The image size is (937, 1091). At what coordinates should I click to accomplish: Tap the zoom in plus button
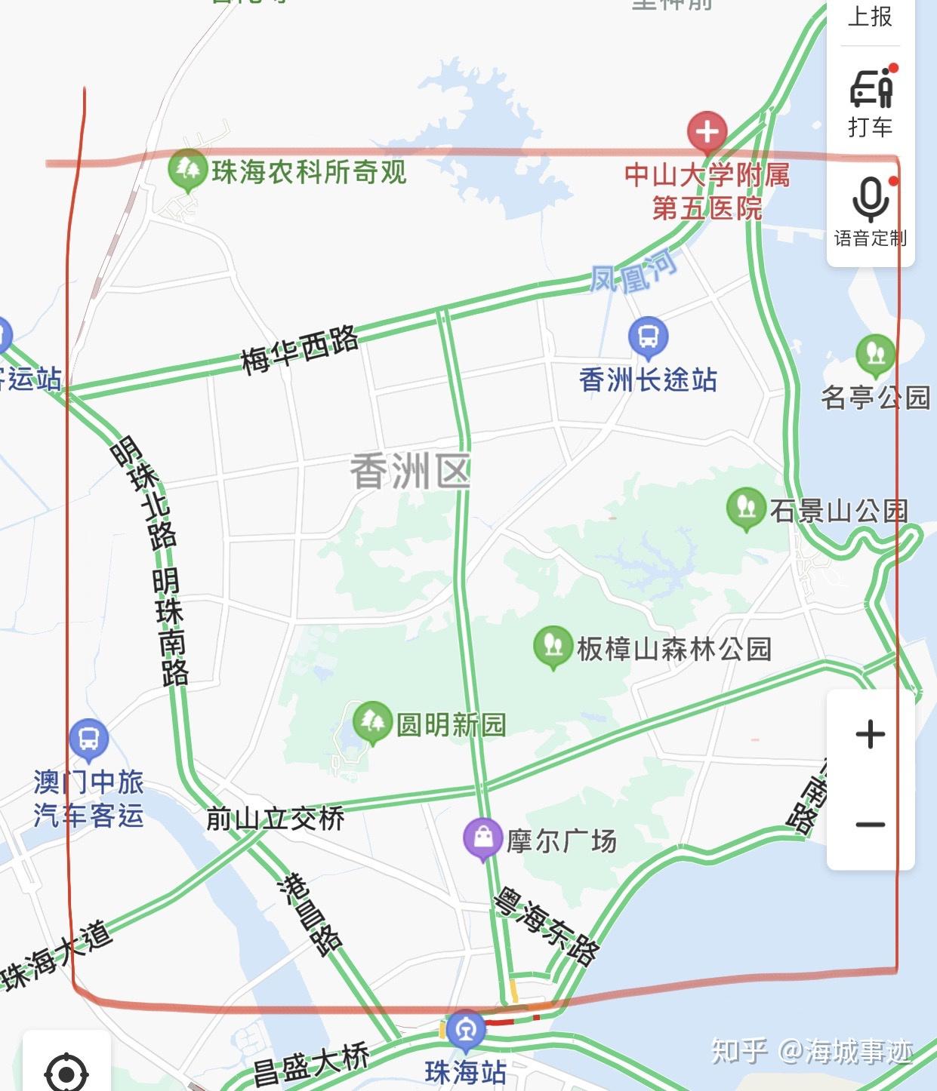click(870, 734)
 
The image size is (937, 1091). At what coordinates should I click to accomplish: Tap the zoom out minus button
click(870, 824)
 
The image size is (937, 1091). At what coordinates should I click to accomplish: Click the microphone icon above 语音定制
click(870, 200)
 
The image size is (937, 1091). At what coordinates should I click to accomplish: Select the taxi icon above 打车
click(871, 88)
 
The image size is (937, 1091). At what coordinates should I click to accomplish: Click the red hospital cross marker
click(707, 131)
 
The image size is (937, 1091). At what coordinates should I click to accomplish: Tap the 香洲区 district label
click(410, 472)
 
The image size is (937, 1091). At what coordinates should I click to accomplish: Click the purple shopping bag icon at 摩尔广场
click(483, 837)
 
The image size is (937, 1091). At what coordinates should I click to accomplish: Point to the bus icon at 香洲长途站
click(648, 337)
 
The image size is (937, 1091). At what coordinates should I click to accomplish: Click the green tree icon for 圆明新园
click(371, 721)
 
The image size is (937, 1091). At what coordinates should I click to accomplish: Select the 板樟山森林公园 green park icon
click(553, 645)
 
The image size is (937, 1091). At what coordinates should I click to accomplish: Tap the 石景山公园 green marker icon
click(746, 507)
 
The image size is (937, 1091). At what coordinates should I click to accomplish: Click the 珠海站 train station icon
click(466, 1029)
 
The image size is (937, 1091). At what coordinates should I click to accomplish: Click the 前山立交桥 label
click(276, 819)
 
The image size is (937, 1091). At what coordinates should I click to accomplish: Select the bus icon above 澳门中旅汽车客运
click(88, 738)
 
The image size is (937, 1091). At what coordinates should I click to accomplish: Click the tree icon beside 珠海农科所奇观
click(186, 170)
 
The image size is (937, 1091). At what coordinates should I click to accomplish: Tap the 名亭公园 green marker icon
click(876, 353)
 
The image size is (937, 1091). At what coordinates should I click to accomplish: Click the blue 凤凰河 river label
click(633, 271)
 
